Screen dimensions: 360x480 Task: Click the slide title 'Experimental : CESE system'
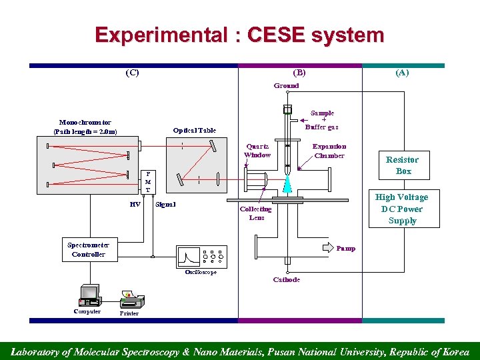point(239,35)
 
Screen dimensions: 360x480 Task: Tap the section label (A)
point(402,73)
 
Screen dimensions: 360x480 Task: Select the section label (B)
point(299,73)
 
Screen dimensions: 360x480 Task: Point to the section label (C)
point(133,73)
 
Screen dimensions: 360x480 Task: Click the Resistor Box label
point(402,165)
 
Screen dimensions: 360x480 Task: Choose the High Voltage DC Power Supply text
point(402,209)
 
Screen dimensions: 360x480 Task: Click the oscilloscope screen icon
point(193,256)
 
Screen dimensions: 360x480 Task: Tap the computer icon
point(88,295)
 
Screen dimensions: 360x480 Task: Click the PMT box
point(148,181)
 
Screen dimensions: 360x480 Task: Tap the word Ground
point(287,85)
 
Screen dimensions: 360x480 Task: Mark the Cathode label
point(287,279)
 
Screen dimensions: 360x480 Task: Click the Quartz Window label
point(257,151)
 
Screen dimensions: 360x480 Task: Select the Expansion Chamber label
point(329,151)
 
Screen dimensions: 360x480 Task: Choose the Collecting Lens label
point(256,213)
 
